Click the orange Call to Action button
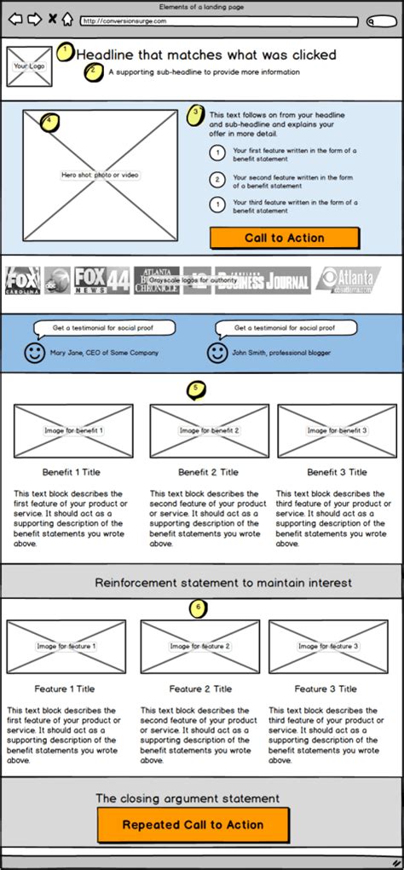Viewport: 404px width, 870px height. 284,238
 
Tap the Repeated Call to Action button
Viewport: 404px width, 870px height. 193,824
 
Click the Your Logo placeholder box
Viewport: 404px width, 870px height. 28,66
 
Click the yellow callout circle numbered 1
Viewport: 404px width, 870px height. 66,52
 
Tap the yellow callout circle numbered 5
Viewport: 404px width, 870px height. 197,389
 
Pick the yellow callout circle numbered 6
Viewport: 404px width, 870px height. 198,608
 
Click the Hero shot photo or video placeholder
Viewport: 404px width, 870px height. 100,175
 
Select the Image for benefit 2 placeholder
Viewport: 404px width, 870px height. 209,430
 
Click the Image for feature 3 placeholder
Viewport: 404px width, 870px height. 328,646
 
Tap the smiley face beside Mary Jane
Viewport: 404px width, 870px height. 34,352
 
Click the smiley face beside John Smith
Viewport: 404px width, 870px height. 217,352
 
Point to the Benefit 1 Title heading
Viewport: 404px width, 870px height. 72,471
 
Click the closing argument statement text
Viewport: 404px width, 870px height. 188,798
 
